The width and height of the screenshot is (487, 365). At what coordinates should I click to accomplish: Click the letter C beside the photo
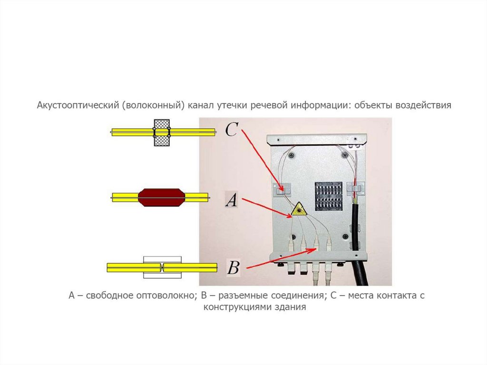click(232, 129)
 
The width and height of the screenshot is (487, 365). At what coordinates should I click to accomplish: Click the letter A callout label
click(232, 199)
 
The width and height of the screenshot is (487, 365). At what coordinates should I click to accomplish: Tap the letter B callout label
click(234, 267)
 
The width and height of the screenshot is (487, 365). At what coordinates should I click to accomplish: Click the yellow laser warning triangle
click(299, 209)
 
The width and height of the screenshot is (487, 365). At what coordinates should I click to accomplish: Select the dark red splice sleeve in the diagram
click(162, 197)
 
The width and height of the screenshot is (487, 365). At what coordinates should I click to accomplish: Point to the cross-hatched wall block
click(162, 133)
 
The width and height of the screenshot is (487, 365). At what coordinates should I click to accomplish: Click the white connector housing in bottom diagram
click(162, 267)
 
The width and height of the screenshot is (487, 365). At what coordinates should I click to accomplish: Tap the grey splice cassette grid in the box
click(329, 197)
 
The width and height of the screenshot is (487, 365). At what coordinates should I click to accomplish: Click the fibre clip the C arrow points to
click(282, 189)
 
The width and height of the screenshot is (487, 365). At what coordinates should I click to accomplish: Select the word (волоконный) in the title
click(152, 105)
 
